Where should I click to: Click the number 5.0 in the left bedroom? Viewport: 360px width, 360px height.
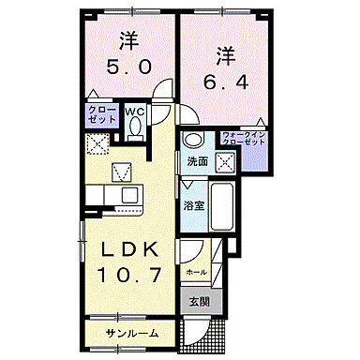(128, 68)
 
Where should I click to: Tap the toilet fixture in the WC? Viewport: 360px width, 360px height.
(134, 130)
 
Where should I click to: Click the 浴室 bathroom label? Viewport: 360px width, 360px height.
(195, 204)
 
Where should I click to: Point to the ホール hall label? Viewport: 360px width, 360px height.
(197, 272)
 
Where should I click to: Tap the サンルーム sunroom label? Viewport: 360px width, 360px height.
(131, 333)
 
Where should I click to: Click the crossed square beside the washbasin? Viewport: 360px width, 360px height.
(225, 160)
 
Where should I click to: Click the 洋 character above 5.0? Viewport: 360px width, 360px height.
(128, 42)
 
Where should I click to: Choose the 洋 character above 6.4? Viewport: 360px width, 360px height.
(223, 54)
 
